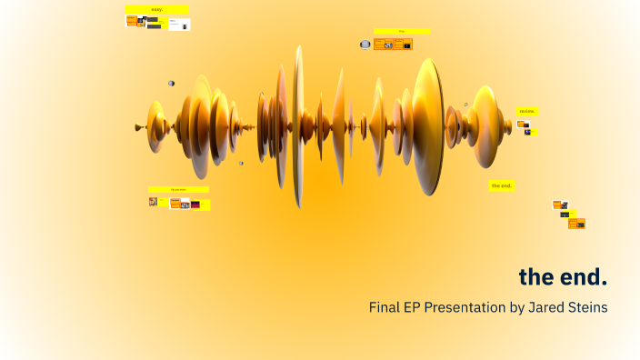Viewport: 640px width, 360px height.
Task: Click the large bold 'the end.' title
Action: click(x=563, y=276)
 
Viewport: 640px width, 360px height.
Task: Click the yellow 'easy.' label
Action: click(x=157, y=9)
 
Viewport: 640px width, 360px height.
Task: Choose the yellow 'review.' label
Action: click(x=527, y=111)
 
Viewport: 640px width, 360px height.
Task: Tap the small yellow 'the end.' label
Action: click(x=501, y=185)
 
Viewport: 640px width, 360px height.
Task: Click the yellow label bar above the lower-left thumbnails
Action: click(x=178, y=189)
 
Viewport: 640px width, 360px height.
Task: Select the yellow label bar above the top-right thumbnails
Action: click(x=401, y=31)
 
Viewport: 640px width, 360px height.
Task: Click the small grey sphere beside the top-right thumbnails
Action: click(x=365, y=44)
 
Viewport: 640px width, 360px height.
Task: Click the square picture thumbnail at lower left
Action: click(x=153, y=202)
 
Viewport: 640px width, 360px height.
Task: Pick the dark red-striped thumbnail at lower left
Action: click(x=195, y=205)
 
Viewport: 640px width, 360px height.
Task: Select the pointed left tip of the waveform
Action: click(x=136, y=126)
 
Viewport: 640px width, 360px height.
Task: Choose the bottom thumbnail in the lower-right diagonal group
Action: click(x=576, y=224)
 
